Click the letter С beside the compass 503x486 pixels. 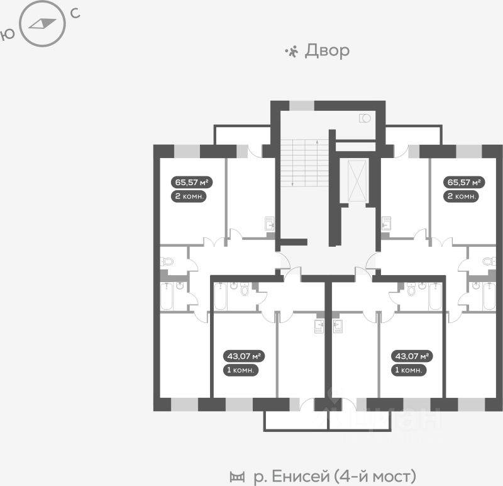pos(75,13)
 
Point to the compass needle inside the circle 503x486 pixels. pos(42,23)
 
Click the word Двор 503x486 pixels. pos(327,51)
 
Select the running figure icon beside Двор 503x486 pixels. pos(292,52)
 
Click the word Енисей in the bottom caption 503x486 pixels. pos(301,476)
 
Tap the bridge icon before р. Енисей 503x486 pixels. pos(237,477)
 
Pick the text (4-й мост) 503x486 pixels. pos(375,476)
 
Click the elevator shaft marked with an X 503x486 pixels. pos(357,181)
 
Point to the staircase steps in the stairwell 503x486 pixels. pos(305,163)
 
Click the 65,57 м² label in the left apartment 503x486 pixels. pos(192,183)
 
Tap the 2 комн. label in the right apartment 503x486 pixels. pos(462,196)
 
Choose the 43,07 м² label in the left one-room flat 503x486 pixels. pos(244,356)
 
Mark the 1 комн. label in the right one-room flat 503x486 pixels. pos(408,370)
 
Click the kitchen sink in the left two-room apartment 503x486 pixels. pos(270,223)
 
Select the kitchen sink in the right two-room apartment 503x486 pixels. pos(386,223)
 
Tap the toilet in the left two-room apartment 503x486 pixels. pos(167,261)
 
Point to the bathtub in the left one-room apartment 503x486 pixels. pos(221,297)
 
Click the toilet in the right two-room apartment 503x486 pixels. pos(489,261)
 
